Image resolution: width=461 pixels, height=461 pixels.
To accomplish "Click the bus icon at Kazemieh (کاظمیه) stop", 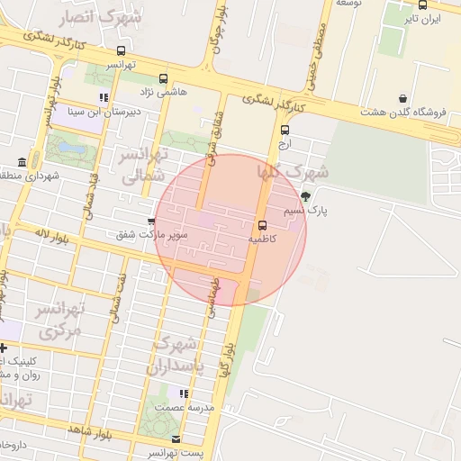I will click(x=262, y=225).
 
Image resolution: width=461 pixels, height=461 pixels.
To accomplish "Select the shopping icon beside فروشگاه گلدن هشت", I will click(x=402, y=98).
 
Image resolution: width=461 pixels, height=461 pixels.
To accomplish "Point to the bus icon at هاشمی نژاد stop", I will click(x=163, y=78).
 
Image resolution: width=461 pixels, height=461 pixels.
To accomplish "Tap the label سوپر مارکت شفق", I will click(x=151, y=235).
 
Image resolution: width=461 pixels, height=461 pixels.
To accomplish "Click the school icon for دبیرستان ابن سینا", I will click(x=104, y=97).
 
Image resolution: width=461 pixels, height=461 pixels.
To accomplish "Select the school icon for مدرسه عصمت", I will click(x=184, y=393).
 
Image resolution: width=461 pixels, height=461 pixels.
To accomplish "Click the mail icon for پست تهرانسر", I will click(x=176, y=439).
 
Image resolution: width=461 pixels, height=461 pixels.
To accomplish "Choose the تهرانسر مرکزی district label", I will click(x=60, y=321).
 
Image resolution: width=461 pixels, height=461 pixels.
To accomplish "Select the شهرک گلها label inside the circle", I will click(x=293, y=171).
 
